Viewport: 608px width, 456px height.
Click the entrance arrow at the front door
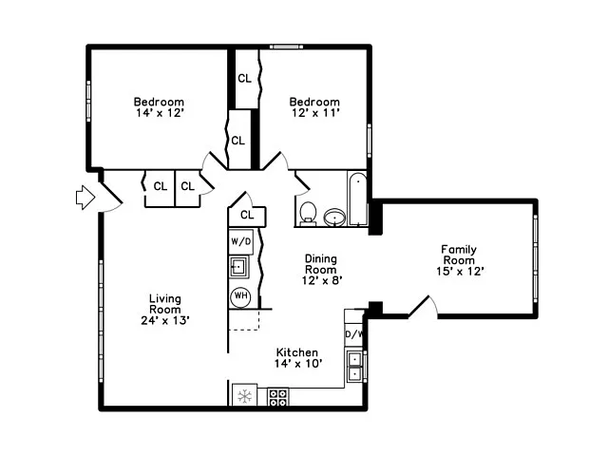point(85,197)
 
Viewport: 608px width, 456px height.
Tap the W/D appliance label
point(241,241)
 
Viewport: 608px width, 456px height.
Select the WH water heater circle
point(240,295)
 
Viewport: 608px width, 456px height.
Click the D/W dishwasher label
point(353,334)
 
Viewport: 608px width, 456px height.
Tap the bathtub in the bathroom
point(358,199)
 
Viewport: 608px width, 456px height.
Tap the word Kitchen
point(297,351)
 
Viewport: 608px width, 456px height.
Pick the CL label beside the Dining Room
point(247,216)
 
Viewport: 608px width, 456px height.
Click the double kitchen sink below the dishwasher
point(353,366)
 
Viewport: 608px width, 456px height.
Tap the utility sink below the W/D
point(240,267)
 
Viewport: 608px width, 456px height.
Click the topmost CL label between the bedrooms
point(244,79)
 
